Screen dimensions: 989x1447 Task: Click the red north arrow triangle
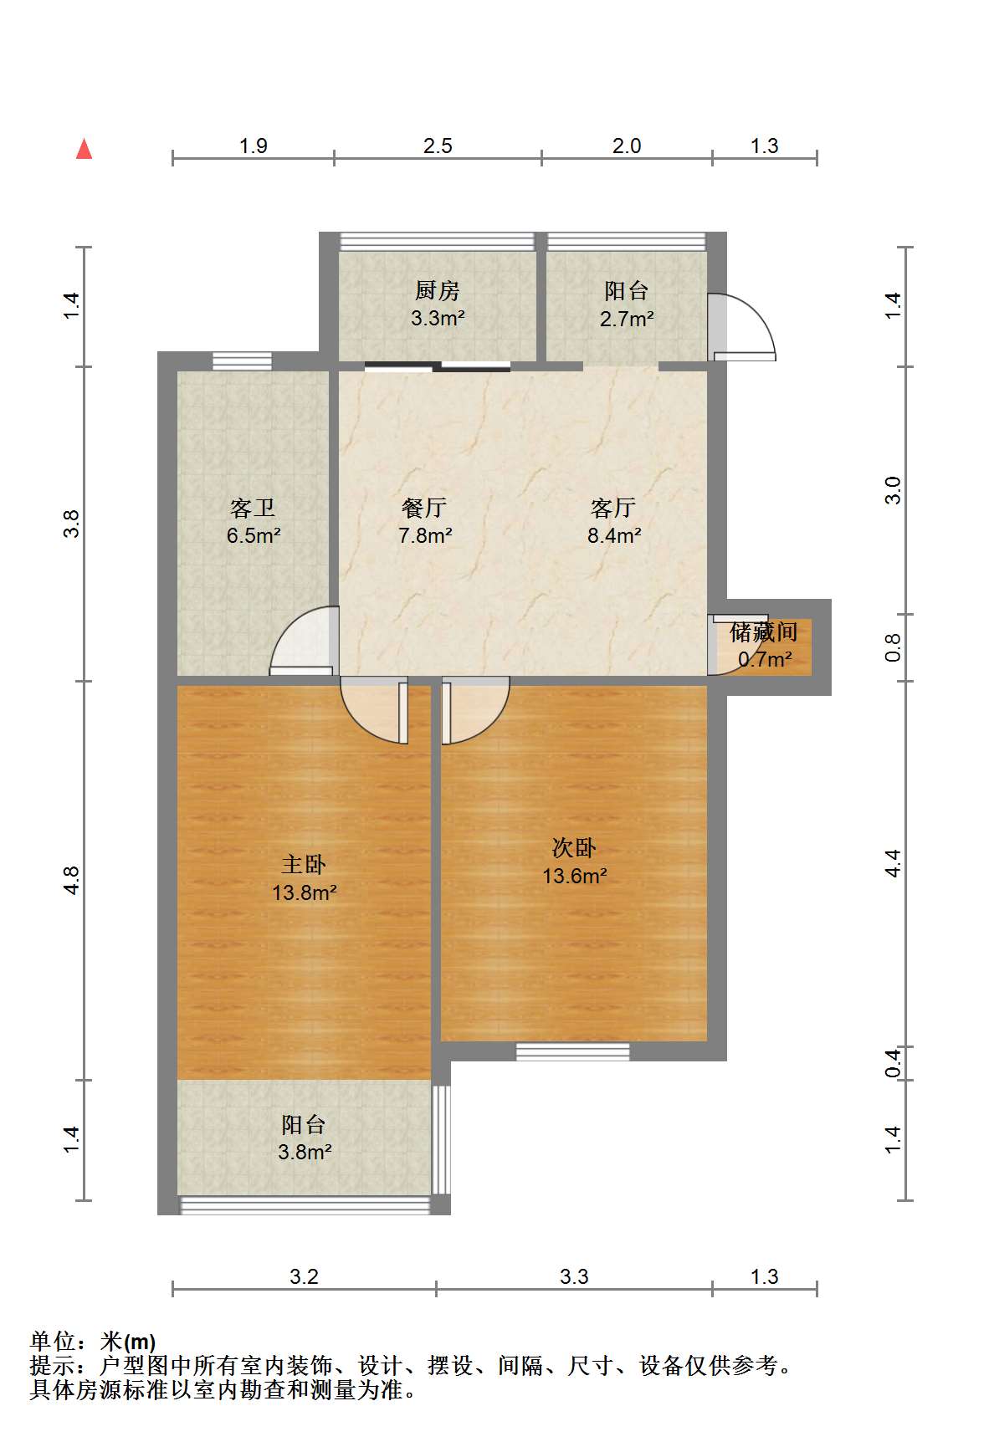point(84,149)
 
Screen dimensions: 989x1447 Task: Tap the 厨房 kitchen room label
point(437,290)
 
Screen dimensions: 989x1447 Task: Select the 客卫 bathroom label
point(253,508)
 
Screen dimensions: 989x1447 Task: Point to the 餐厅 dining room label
point(424,508)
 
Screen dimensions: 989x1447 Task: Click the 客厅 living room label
point(613,508)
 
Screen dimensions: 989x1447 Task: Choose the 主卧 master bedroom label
point(304,864)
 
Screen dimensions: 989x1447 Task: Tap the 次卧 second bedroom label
point(574,848)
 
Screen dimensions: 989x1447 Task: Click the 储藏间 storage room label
point(763,632)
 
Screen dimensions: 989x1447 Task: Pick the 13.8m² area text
point(304,892)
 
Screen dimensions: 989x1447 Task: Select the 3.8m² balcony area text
point(305,1152)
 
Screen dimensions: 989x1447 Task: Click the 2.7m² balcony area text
point(627,319)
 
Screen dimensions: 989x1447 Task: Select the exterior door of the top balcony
point(741,327)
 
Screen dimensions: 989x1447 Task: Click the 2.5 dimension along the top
point(438,146)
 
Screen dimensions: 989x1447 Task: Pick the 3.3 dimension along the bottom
point(574,1277)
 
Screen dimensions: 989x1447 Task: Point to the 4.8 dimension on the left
point(72,881)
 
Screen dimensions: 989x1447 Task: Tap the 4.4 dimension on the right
point(893,863)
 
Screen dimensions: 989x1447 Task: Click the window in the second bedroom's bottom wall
point(573,1051)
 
